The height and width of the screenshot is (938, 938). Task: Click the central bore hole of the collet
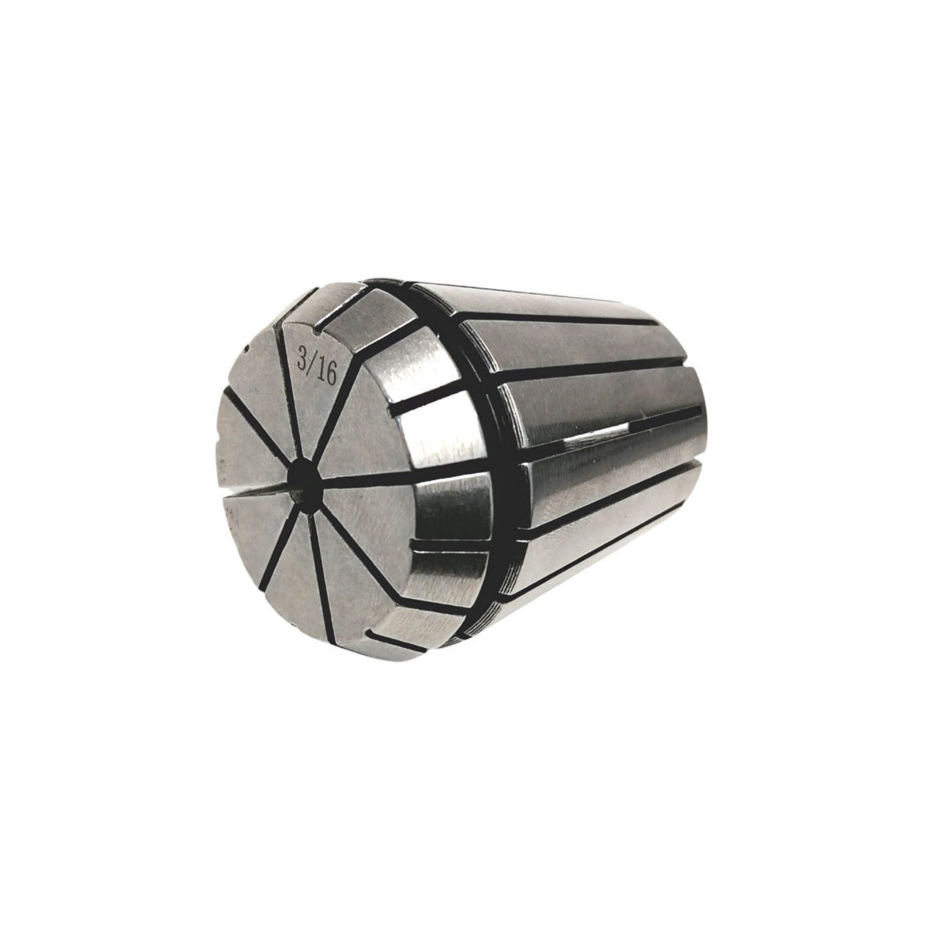(x=305, y=480)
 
